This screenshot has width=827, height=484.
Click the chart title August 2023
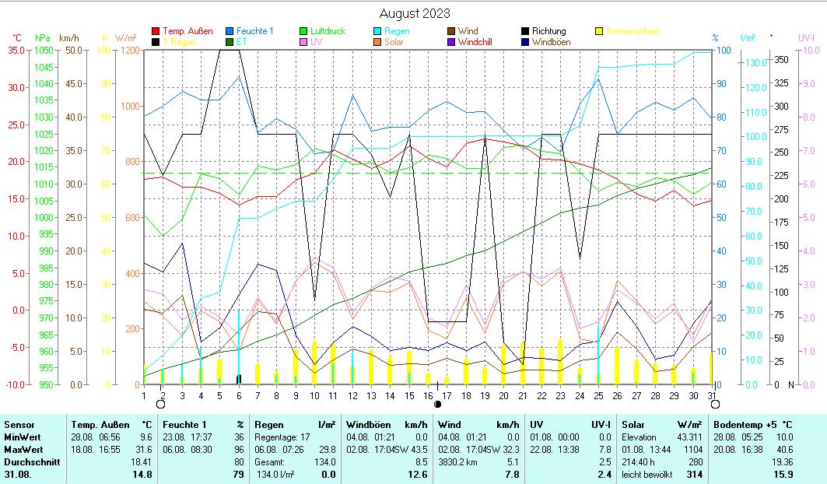coord(414,13)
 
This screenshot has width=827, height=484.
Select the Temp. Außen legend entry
coord(187,31)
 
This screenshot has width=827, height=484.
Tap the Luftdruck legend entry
coord(328,31)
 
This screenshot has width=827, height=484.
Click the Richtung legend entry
coord(548,31)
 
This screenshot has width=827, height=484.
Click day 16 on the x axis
coord(428,395)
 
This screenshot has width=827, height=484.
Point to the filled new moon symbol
coord(437,404)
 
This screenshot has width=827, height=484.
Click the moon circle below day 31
coord(715,404)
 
